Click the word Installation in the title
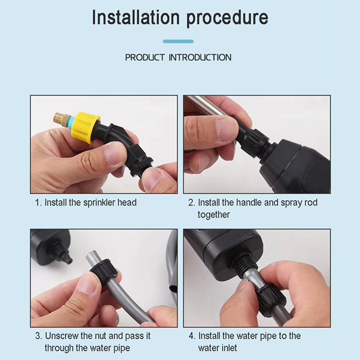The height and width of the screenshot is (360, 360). coord(135,18)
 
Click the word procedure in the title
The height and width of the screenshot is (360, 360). coord(227,18)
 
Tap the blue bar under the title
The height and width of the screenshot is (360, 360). coord(178,41)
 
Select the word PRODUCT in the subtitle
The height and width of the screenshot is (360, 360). coord(145,58)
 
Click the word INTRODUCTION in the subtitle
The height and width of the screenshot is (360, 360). coord(200,58)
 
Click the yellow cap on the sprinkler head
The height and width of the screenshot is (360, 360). coord(85,127)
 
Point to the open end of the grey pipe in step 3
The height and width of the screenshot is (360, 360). coord(91,256)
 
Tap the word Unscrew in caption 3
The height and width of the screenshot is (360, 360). coord(62,336)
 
